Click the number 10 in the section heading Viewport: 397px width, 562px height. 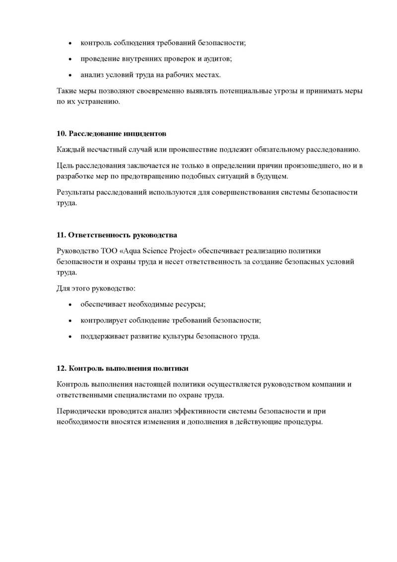tap(61, 134)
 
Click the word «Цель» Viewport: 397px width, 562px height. tap(65, 165)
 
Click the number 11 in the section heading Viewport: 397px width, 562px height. tap(61, 235)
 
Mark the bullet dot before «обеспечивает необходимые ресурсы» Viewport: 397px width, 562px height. tap(70, 304)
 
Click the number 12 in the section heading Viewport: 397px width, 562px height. tap(61, 369)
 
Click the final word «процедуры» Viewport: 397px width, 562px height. tap(302, 422)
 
